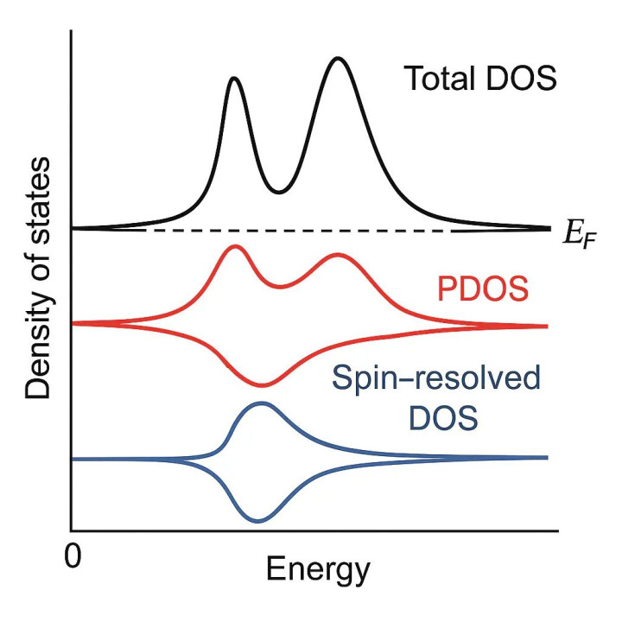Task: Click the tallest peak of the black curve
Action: (x=339, y=60)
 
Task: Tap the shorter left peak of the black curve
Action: (x=232, y=79)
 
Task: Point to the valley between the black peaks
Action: (x=277, y=191)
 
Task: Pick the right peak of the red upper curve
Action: (x=338, y=256)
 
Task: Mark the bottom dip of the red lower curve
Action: (x=262, y=384)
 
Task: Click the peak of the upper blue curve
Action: (x=261, y=403)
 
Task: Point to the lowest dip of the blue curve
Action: (x=257, y=520)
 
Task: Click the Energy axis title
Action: (x=318, y=569)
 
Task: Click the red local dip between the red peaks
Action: (x=278, y=286)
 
